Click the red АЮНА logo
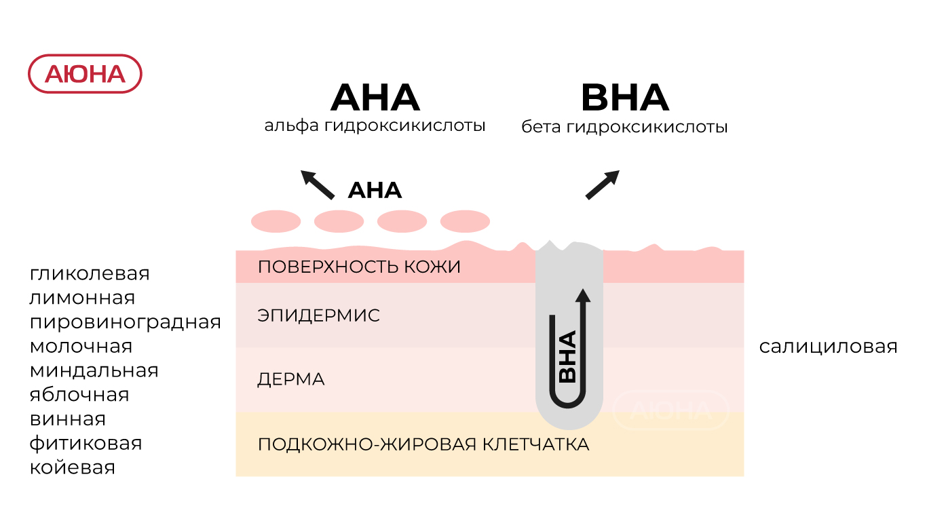point(85,74)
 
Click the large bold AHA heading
point(375,98)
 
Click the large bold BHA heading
point(625,98)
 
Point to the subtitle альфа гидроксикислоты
point(375,126)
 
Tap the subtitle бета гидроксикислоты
point(624,127)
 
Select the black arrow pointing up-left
point(318,184)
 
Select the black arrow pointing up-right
point(603,184)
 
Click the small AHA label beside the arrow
point(375,191)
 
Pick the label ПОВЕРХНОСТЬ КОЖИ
point(359,267)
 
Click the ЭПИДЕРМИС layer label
point(318,315)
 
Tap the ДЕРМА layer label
point(291,379)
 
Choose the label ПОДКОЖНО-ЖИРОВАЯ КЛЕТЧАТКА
point(423,445)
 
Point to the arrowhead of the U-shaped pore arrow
point(582,295)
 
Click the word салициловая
point(828,347)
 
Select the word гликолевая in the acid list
point(90,273)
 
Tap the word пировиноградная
point(126,322)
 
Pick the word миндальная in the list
point(94,370)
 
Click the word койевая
point(72,467)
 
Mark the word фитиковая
point(86,443)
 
